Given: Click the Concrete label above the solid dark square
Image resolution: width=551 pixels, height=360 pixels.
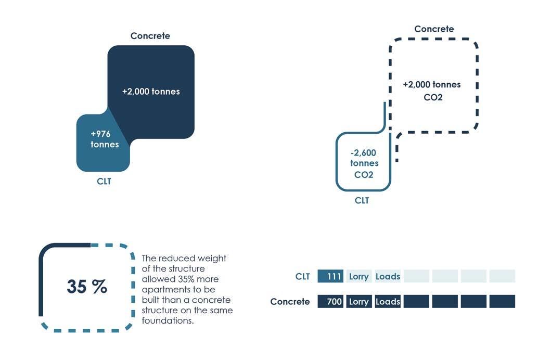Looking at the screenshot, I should [x=150, y=36].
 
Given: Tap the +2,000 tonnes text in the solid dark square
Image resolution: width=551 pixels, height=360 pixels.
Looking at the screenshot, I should [x=151, y=92].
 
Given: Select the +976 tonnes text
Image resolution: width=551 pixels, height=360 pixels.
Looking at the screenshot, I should [x=104, y=139].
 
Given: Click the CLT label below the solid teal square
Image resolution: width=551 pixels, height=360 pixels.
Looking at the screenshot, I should [x=104, y=182].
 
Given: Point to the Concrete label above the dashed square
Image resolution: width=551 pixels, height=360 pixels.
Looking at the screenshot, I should [x=434, y=29].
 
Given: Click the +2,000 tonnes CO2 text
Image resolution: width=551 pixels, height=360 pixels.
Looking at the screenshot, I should [x=432, y=91].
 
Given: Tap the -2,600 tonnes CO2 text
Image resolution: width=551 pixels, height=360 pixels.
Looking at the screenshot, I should [x=364, y=163].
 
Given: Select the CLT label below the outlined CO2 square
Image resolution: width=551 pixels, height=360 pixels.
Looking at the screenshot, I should [x=362, y=200].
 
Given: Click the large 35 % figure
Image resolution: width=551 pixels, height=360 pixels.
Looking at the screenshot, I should [x=87, y=286].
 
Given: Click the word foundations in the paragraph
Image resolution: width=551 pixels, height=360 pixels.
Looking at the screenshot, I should [x=168, y=321].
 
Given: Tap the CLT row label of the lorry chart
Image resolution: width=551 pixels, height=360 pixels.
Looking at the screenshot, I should [x=302, y=276].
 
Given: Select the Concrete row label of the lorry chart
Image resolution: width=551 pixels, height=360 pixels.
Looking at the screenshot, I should [x=290, y=302].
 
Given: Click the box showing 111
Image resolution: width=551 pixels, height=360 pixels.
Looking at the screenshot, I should [x=330, y=276].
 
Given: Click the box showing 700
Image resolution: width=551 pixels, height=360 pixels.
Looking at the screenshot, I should [x=330, y=302].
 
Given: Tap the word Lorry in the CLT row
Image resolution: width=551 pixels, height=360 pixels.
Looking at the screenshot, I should [x=359, y=276].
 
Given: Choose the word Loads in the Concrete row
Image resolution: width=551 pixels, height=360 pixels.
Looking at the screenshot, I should [x=388, y=302].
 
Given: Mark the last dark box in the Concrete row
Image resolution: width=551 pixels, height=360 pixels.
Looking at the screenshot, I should [x=502, y=302].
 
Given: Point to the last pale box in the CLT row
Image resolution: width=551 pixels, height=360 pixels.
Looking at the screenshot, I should [x=502, y=276].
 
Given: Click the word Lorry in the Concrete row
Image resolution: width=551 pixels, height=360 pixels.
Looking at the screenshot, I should [x=359, y=302].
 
